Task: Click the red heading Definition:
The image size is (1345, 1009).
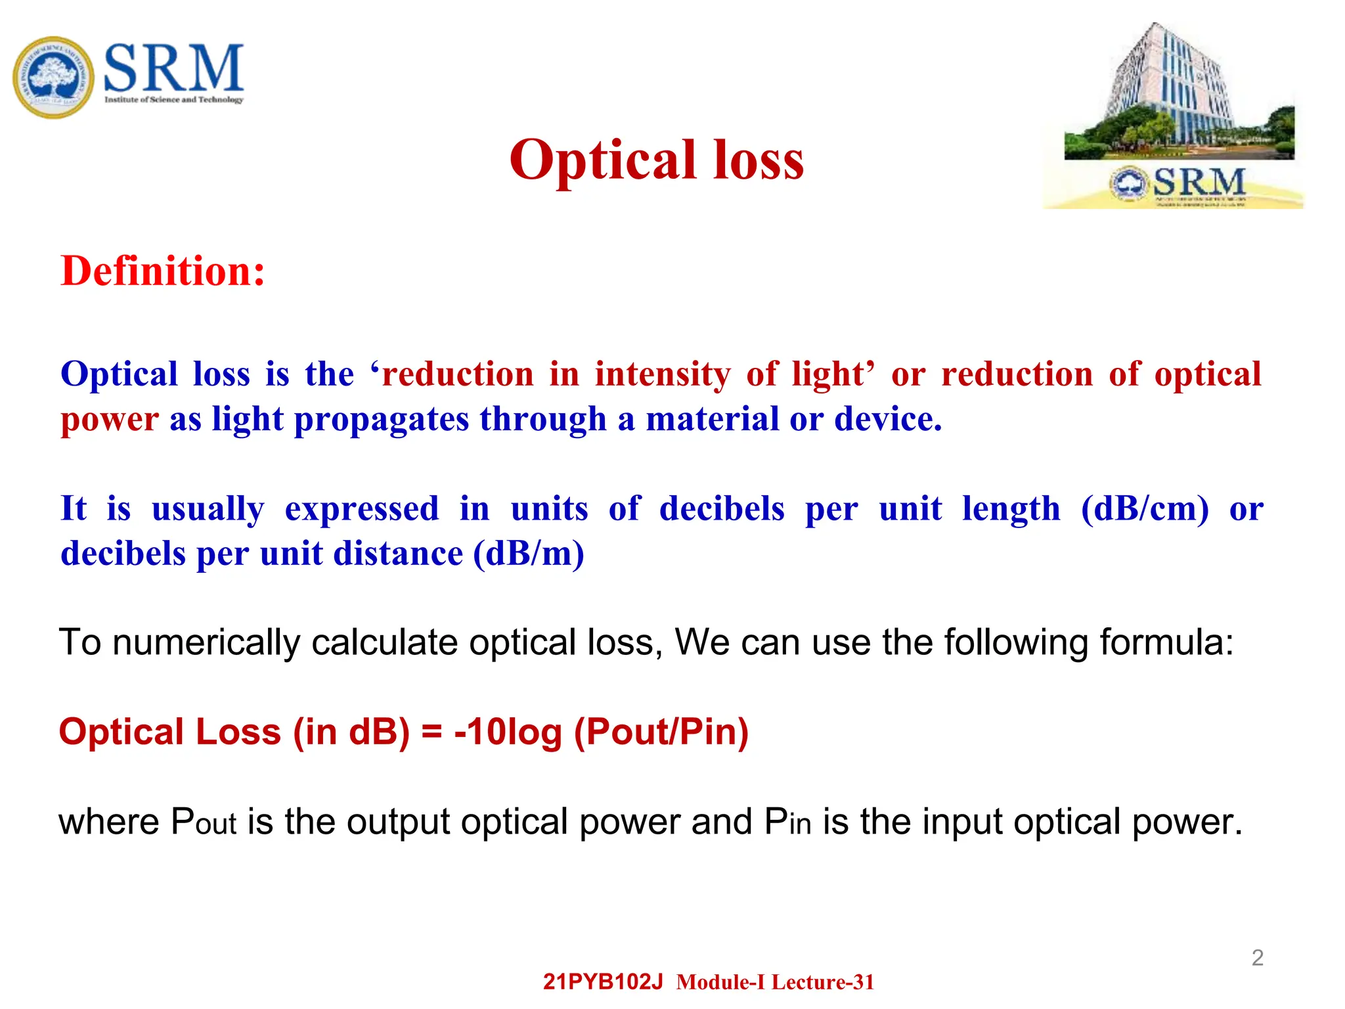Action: tap(163, 271)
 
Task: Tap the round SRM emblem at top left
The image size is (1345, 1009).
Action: tap(53, 78)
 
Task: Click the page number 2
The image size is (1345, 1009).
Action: tap(1257, 958)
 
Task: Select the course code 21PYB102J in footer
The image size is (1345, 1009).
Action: tap(603, 982)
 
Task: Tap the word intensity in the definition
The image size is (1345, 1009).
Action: tap(662, 374)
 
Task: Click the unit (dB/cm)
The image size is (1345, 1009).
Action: tap(1144, 509)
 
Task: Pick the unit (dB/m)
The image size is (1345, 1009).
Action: tap(529, 554)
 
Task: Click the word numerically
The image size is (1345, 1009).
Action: tap(206, 642)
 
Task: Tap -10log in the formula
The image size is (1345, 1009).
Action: tap(508, 732)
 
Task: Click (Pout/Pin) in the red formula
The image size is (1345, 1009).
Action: tap(661, 732)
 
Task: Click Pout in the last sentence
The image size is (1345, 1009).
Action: tap(203, 822)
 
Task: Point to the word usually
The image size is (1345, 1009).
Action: tap(208, 509)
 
